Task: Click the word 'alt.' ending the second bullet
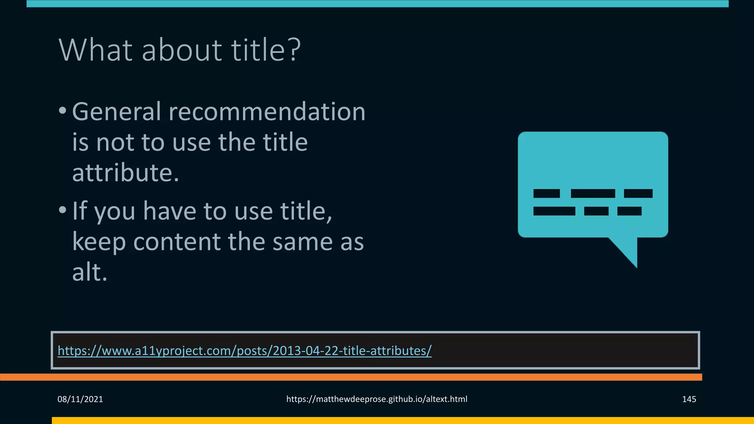coord(90,272)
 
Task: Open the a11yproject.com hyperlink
coord(244,351)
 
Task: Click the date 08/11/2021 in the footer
coord(80,399)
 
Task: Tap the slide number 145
coord(689,399)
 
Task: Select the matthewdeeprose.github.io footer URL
coord(377,399)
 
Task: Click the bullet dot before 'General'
coord(63,110)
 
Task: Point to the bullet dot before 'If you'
coord(63,210)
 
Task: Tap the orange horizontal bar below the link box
coord(350,377)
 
